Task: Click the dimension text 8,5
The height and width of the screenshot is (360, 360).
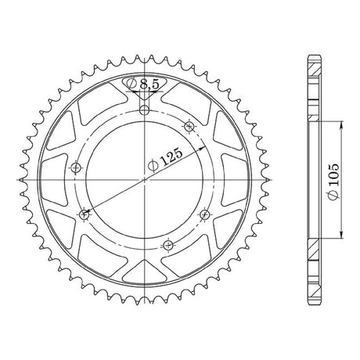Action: point(149,84)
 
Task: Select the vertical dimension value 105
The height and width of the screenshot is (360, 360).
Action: point(333,175)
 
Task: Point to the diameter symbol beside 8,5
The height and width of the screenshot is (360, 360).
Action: point(131,83)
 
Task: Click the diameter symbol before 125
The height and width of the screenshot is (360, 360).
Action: point(153,166)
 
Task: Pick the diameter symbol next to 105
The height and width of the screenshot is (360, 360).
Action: point(334,194)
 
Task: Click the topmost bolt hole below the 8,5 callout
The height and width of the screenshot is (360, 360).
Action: point(145,110)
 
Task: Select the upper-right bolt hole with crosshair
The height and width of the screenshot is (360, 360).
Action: point(189,127)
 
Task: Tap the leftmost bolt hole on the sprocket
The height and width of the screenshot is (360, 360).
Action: point(76,167)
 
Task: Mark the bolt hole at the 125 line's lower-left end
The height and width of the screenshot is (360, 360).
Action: point(84,215)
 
